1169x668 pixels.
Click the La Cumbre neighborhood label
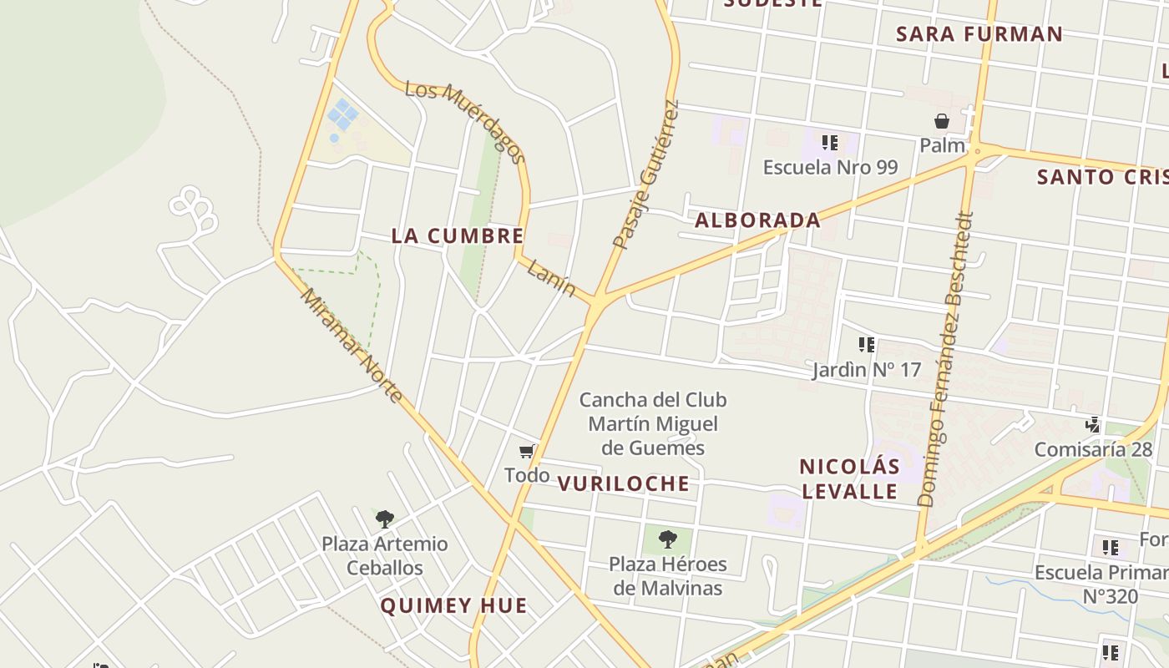(458, 236)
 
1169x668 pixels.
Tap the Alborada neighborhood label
(757, 220)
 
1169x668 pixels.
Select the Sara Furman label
(979, 34)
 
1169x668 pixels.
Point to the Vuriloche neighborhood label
(624, 483)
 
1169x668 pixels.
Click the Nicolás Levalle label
(849, 478)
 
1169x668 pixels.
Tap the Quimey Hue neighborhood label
(453, 605)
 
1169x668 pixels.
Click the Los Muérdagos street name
(465, 122)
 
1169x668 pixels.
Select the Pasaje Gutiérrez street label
(645, 175)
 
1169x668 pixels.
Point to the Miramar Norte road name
(352, 346)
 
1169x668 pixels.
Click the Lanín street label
(552, 277)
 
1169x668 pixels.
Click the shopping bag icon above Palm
(942, 122)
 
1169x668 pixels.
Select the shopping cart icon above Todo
(527, 452)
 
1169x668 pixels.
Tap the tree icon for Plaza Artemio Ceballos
(384, 519)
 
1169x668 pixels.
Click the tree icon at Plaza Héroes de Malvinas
(667, 539)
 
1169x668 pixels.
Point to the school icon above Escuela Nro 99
(829, 143)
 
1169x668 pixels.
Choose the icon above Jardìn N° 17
(867, 344)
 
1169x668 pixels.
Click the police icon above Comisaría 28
(1092, 425)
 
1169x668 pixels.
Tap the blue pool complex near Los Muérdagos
(342, 115)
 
